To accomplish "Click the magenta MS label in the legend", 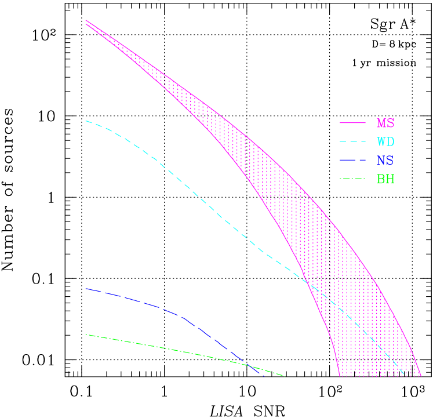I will coord(385,123).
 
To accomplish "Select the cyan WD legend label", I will coord(385,142).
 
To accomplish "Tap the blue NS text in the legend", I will coord(385,161).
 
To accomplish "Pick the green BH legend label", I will coord(385,179).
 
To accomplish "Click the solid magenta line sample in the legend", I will coord(352,123).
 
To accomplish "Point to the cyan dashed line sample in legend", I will coord(352,142).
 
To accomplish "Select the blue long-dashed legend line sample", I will coord(352,161).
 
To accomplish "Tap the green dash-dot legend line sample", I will coord(352,179).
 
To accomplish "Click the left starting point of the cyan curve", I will coord(86,121).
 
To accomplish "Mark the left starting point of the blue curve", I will coord(86,289).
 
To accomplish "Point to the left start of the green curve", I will coord(86,335).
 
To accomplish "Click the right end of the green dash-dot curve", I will coord(285,376).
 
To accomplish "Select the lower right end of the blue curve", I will coord(263,376).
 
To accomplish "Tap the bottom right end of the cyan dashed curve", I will coord(403,375).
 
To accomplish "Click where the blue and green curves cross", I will coord(250,366).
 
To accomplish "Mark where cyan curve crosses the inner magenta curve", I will coord(306,282).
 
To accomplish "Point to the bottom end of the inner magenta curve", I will coord(339,376).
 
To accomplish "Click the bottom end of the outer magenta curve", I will coord(421,376).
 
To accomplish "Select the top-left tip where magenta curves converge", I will coord(86,21).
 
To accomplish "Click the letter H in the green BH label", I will coord(390,179).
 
